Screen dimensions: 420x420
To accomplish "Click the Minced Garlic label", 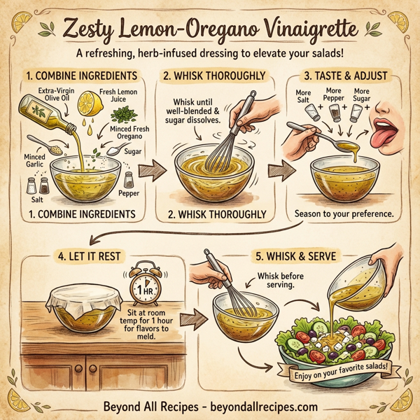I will point(34,162).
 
